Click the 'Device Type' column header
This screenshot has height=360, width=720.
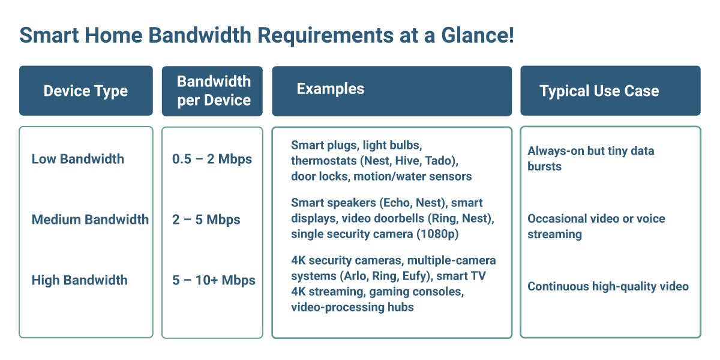point(86,91)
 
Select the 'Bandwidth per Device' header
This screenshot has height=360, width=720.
point(214,91)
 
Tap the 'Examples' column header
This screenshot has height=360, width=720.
point(331,89)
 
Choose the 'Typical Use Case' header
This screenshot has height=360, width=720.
point(599,91)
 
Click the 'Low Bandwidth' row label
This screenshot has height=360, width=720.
point(78,159)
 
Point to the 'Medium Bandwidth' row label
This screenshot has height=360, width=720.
point(90,220)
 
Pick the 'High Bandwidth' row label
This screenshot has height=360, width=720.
point(80,280)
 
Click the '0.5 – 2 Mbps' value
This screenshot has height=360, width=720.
point(212,159)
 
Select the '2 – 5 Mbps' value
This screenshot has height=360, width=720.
point(206,220)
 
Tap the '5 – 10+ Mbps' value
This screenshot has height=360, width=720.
point(214,280)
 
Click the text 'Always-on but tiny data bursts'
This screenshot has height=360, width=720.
point(590,158)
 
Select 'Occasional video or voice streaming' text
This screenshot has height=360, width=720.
point(596,226)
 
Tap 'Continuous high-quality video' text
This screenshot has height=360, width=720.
point(608,286)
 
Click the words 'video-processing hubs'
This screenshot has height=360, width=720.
point(352,307)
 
